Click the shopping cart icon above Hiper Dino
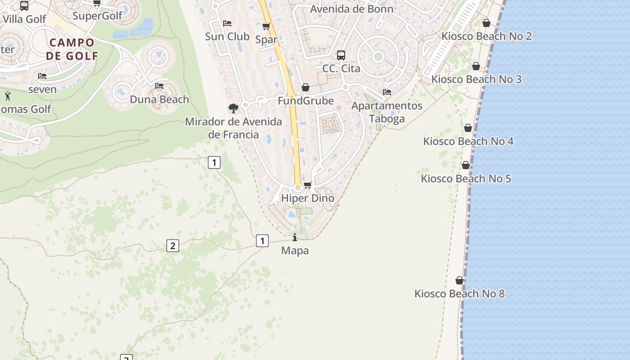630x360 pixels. (308, 185)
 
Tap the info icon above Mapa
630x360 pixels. (295, 237)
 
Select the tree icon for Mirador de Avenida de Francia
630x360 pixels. (233, 108)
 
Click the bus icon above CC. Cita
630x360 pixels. (341, 55)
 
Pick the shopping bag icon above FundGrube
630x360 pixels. (306, 87)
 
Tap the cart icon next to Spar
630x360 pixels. (266, 26)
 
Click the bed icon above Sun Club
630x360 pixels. (227, 23)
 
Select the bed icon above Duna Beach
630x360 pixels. (159, 86)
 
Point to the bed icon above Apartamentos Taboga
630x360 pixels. (387, 92)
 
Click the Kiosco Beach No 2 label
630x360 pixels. (486, 36)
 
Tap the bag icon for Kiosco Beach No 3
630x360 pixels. (476, 67)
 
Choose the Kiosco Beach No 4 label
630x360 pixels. (468, 141)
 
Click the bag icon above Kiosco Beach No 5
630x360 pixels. (466, 166)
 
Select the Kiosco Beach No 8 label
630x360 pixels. (459, 294)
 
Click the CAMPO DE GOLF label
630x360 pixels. (72, 49)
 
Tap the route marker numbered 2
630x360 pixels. (172, 246)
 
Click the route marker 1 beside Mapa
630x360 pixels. (262, 241)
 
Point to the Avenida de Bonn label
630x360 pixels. (351, 9)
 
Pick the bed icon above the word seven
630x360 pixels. (42, 76)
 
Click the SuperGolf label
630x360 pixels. (97, 16)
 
